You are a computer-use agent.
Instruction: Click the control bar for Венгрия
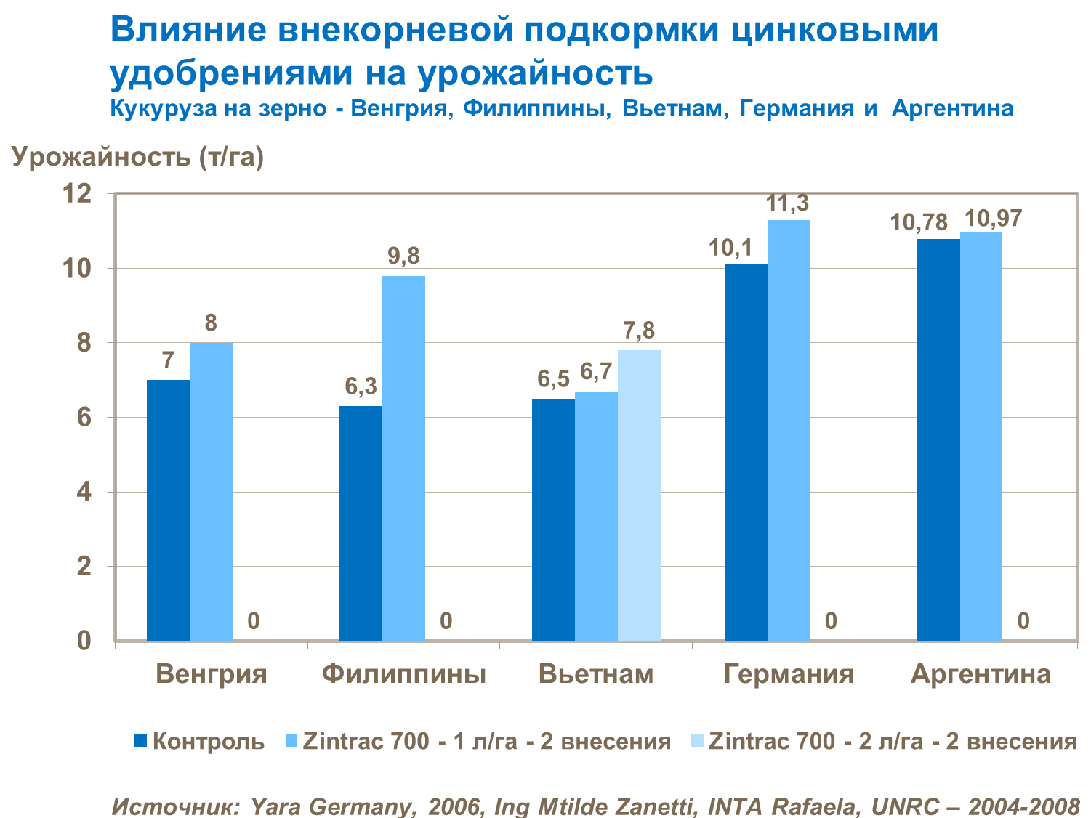point(168,510)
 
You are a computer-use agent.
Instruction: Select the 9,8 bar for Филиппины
point(403,458)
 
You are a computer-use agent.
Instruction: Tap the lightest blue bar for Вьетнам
point(639,495)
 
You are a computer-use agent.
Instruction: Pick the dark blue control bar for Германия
point(746,452)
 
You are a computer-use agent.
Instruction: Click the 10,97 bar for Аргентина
point(981,436)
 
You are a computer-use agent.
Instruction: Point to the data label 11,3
point(788,204)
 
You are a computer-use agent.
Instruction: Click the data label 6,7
point(596,373)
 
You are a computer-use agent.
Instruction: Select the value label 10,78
point(919,223)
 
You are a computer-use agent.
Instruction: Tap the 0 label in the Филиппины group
point(446,621)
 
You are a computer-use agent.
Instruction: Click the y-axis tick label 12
point(78,194)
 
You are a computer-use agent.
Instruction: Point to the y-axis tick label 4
point(84,492)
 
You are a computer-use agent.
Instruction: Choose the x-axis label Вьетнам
point(596,674)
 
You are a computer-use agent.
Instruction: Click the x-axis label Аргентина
point(981,674)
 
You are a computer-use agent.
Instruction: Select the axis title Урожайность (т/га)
point(137,156)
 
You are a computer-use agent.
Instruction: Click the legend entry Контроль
point(208,742)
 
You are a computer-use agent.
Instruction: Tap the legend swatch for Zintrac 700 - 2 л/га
point(697,742)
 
